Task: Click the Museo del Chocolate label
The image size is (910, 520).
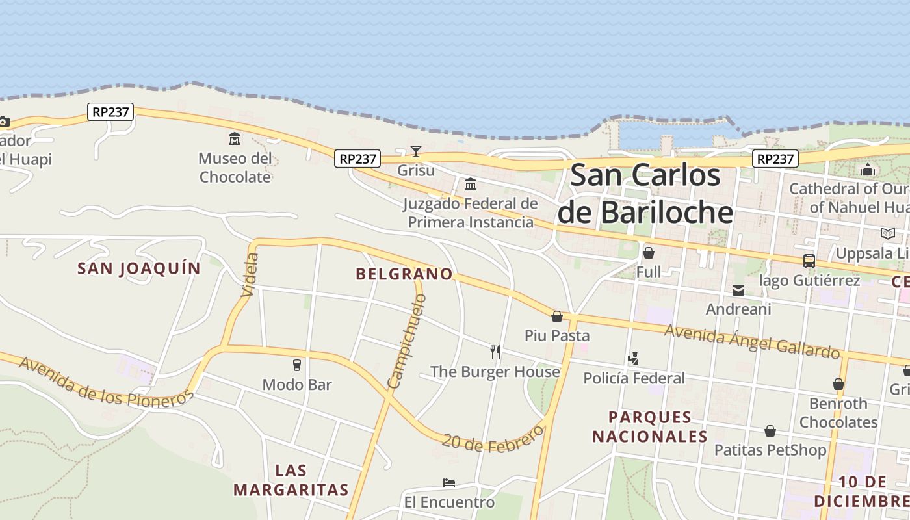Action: [x=235, y=168]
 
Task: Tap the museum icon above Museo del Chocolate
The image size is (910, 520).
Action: [x=234, y=138]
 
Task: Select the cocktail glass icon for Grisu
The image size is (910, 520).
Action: [x=416, y=151]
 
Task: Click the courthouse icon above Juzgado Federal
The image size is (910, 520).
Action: [x=471, y=184]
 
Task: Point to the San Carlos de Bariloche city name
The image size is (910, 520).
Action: [x=645, y=194]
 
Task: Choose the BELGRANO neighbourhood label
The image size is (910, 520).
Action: [x=404, y=274]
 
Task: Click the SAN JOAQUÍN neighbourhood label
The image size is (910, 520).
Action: [x=139, y=268]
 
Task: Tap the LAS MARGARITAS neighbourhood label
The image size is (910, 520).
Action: [x=291, y=480]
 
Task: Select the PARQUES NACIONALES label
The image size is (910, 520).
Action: [x=649, y=426]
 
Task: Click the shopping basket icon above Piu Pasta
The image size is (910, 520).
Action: [x=557, y=317]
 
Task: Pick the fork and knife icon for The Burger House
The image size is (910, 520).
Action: [x=495, y=352]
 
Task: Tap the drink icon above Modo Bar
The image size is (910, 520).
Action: [x=297, y=365]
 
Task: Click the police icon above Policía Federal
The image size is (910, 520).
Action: [x=633, y=358]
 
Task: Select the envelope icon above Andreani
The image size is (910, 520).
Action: [x=738, y=290]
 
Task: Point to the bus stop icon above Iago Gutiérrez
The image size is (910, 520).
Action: [x=809, y=261]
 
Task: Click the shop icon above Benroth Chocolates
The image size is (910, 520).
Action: [x=838, y=384]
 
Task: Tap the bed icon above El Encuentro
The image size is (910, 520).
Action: [x=449, y=483]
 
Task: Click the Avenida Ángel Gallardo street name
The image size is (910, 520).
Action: [x=752, y=341]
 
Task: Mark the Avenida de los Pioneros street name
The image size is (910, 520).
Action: [x=106, y=382]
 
